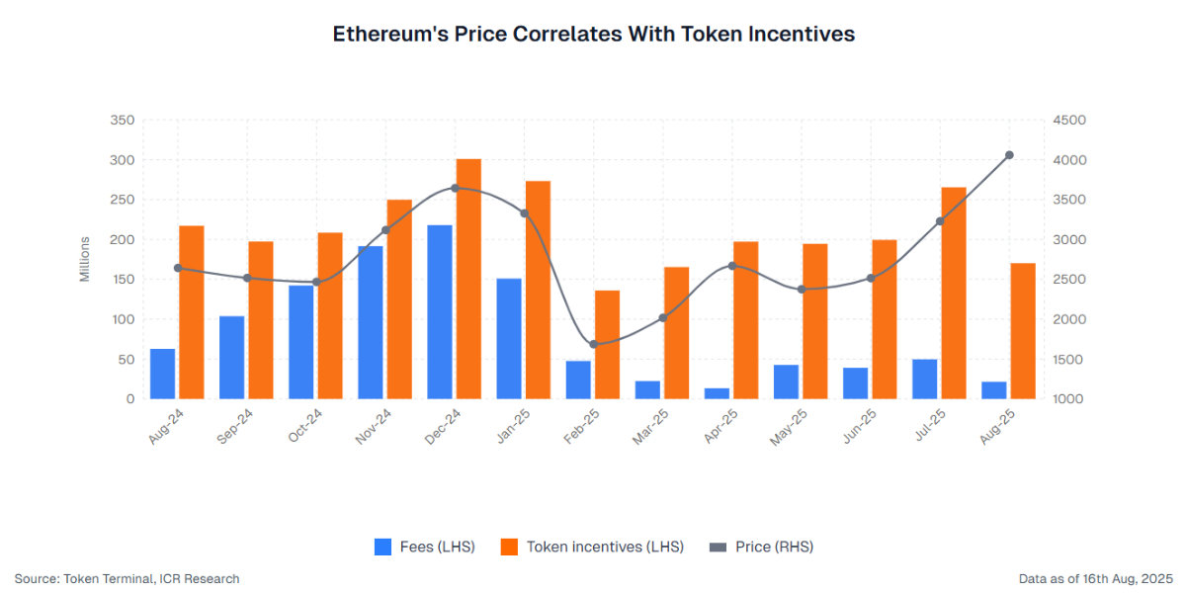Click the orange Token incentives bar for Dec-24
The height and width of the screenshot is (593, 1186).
(x=468, y=279)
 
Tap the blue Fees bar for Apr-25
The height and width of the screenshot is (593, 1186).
(x=718, y=393)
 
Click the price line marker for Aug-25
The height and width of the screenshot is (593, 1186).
(x=1009, y=155)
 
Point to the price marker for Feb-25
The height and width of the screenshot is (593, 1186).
(x=594, y=344)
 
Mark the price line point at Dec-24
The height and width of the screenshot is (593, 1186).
(x=455, y=188)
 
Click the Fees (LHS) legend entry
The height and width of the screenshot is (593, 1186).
(x=425, y=547)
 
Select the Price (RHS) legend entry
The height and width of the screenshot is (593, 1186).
(x=761, y=547)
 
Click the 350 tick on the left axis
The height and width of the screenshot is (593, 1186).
(x=122, y=121)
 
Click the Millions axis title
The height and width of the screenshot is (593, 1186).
(x=85, y=259)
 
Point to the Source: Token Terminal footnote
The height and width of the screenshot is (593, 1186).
(x=127, y=578)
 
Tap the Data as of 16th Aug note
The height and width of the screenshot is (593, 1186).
(x=1095, y=578)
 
